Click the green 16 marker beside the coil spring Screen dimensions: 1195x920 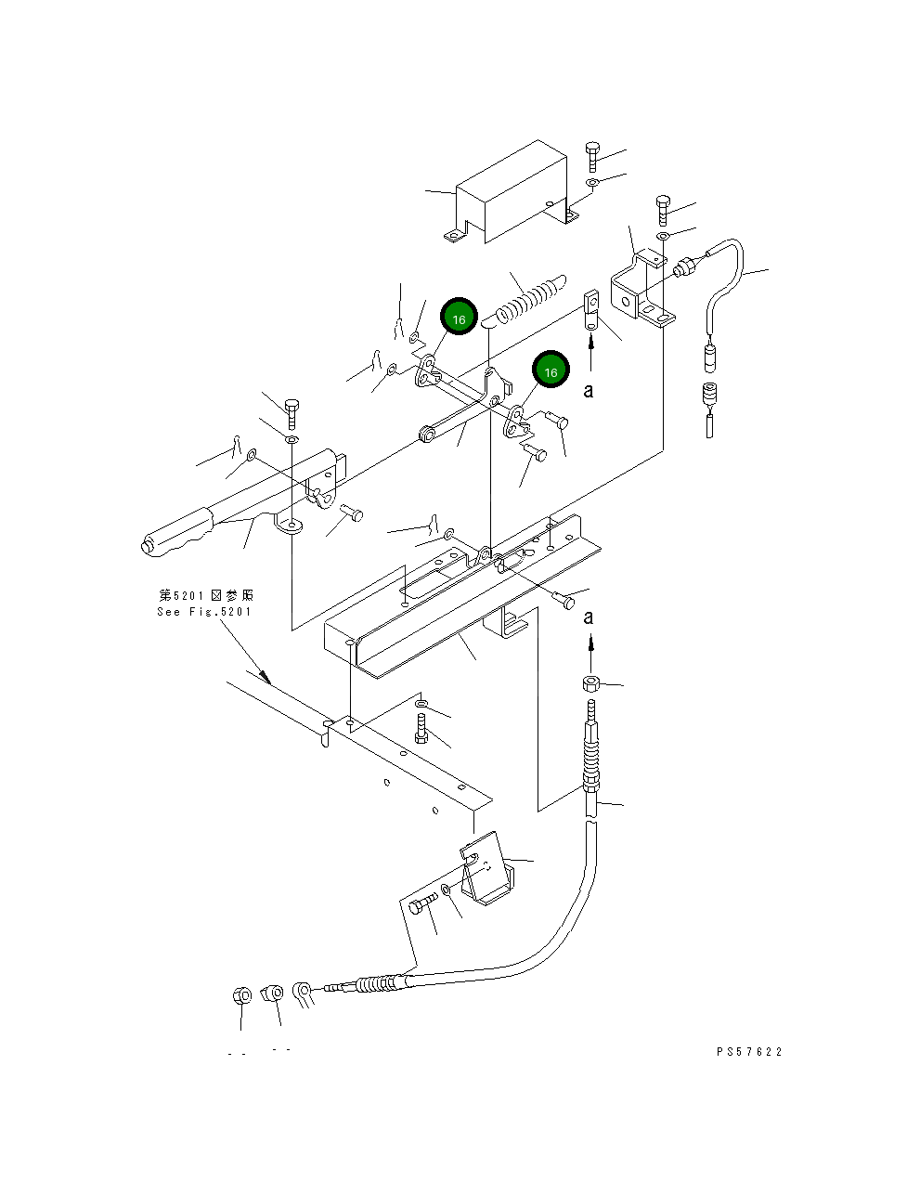458,318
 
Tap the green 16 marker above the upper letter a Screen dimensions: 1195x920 551,370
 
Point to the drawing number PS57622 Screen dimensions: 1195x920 749,1052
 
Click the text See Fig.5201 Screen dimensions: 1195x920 204,612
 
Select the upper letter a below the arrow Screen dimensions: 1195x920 588,391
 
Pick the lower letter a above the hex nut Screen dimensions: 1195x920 588,617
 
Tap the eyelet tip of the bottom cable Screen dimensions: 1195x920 302,994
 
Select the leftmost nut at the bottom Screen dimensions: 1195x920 240,996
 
